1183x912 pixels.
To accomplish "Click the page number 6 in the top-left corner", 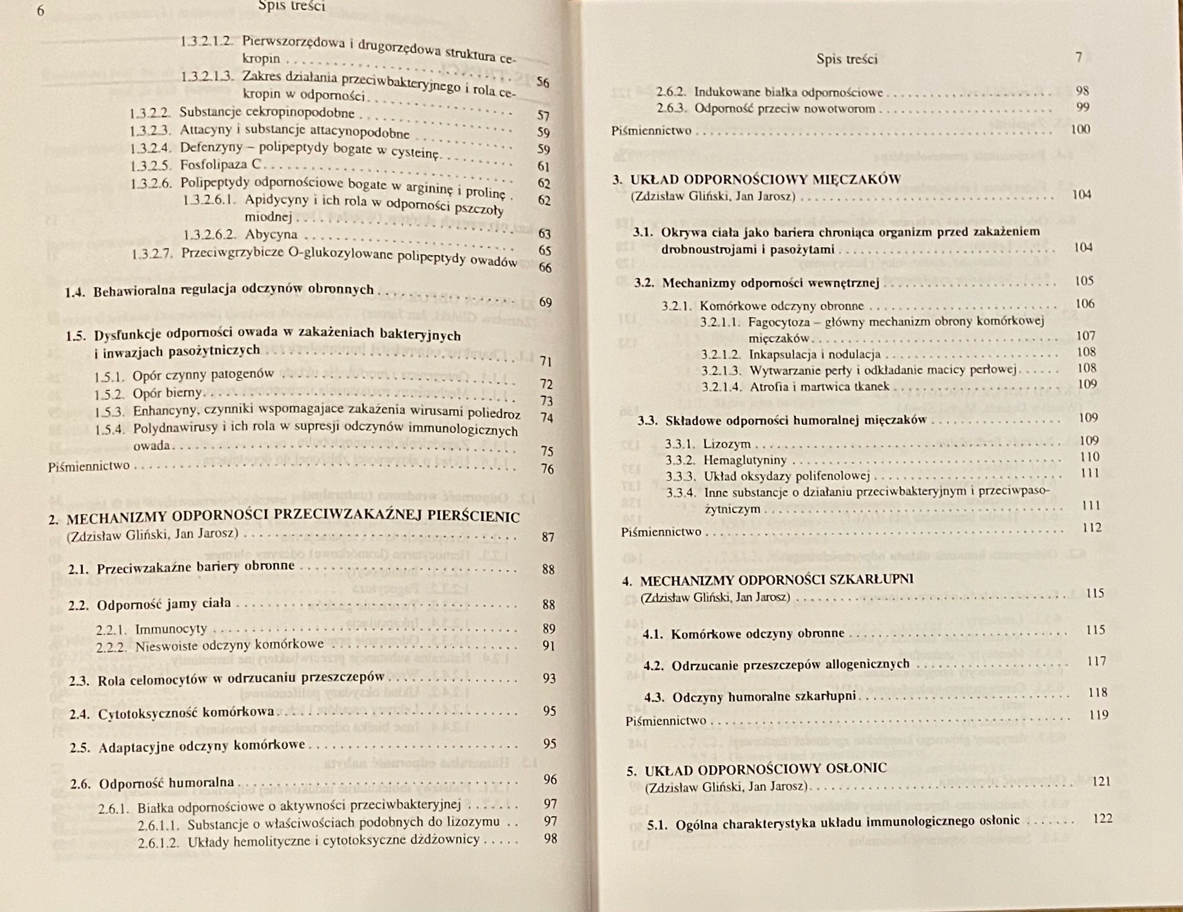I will click(x=40, y=11).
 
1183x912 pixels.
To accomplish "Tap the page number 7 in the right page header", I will click(x=1079, y=57).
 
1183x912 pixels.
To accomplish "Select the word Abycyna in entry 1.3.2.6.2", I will click(x=271, y=234).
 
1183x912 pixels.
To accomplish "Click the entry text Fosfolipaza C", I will click(x=220, y=164).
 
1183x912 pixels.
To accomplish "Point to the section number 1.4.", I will click(x=75, y=292).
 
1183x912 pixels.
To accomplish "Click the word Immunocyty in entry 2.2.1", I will click(x=170, y=628).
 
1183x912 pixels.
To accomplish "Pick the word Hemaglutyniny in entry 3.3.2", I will click(x=745, y=460).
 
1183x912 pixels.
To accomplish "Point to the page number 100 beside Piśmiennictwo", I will click(x=1080, y=129).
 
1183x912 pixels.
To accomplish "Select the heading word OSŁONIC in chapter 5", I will click(x=854, y=769).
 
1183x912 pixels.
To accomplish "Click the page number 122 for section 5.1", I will click(x=1102, y=818).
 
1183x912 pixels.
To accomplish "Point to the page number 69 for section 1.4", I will click(x=545, y=302).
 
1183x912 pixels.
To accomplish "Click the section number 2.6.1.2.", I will click(x=159, y=842).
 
